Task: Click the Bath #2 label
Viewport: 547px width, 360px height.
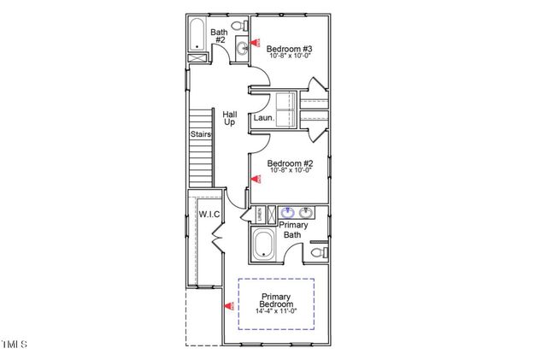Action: (219, 37)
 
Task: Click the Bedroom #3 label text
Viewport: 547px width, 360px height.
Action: (289, 50)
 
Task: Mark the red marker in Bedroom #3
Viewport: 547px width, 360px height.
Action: (254, 43)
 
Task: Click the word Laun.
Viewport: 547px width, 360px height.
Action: (263, 119)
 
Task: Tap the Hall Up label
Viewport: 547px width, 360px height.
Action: (229, 118)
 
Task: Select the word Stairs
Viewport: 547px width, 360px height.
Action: (200, 134)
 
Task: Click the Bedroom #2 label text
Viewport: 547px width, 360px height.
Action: (290, 163)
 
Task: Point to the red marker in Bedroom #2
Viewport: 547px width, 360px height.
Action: (255, 179)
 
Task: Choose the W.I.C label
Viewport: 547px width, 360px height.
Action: (210, 213)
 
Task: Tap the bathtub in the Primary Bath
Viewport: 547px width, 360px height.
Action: (266, 245)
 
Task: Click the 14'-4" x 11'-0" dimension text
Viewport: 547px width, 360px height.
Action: (276, 311)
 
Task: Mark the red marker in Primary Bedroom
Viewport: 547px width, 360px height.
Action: (227, 305)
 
